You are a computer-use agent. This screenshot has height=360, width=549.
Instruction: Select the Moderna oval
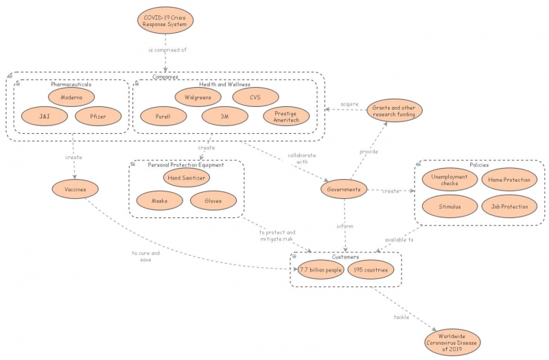point(71,97)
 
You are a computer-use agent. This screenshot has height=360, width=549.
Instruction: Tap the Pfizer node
point(98,117)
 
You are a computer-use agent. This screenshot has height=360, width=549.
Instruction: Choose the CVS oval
point(255,97)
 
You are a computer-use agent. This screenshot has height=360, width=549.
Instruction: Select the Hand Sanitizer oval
point(187,177)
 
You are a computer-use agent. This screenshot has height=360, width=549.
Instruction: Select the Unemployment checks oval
point(449,180)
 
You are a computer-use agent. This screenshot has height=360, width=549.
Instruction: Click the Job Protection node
point(509,206)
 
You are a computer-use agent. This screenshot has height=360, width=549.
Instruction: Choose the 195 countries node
point(371,269)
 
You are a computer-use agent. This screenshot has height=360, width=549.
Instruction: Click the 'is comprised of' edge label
point(167,51)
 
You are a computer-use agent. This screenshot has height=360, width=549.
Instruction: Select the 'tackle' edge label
point(402,317)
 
